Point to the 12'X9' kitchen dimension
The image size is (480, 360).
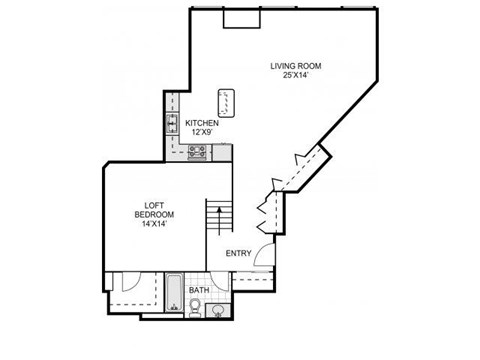click(x=202, y=132)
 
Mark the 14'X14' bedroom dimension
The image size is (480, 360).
click(x=155, y=224)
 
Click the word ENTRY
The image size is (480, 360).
click(x=238, y=253)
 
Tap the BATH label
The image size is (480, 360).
click(x=199, y=291)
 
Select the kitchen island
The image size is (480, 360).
click(x=227, y=100)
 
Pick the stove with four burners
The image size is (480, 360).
click(x=197, y=153)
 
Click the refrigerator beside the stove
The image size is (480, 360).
click(x=222, y=152)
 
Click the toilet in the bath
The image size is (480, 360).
click(x=196, y=307)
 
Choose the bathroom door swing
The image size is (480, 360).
click(x=222, y=284)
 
